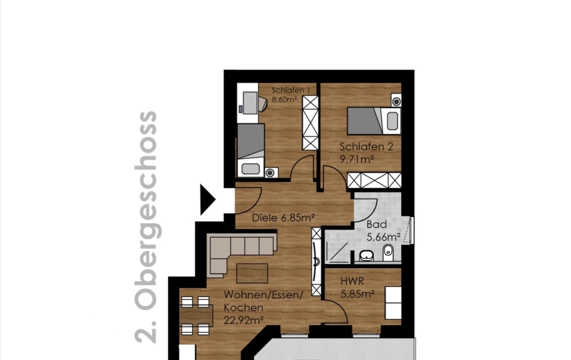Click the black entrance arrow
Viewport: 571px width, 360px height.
tap(207, 200)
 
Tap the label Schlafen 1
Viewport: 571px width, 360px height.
tap(290, 90)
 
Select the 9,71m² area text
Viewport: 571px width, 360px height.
tap(357, 160)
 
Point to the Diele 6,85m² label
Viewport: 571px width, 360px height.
tap(284, 218)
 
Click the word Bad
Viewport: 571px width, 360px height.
tap(377, 224)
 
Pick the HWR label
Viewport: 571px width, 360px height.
tap(352, 281)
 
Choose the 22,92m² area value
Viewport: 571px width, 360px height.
tap(244, 320)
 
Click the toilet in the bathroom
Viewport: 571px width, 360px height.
tap(388, 252)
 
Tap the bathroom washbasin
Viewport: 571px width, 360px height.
tap(367, 256)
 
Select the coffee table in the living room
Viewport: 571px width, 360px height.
tap(252, 273)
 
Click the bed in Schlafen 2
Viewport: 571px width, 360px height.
tap(374, 121)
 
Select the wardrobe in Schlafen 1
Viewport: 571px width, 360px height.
tap(310, 123)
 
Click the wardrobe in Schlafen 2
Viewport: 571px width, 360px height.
tap(374, 180)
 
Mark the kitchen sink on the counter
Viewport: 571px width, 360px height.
tap(316, 261)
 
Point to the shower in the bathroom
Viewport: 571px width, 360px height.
tap(338, 252)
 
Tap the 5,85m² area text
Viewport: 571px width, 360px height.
tap(358, 294)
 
